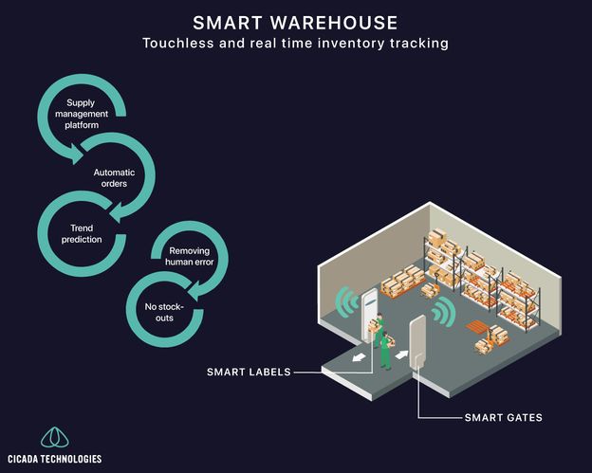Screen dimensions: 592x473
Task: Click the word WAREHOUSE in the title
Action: pyautogui.click(x=334, y=23)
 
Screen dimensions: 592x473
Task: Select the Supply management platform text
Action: pyautogui.click(x=82, y=114)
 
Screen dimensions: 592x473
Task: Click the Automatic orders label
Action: pyautogui.click(x=114, y=178)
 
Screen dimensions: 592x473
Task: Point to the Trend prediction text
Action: pyautogui.click(x=82, y=233)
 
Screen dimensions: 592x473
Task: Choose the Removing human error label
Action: pyautogui.click(x=190, y=257)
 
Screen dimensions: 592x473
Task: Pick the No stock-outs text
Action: pyautogui.click(x=164, y=312)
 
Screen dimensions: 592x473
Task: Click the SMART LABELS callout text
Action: pyautogui.click(x=249, y=373)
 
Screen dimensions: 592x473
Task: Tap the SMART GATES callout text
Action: pyautogui.click(x=503, y=418)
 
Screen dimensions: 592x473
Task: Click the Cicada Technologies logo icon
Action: pyautogui.click(x=55, y=438)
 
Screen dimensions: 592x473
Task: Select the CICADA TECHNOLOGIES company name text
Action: pyautogui.click(x=55, y=459)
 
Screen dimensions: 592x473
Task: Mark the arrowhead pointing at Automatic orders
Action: pyautogui.click(x=77, y=155)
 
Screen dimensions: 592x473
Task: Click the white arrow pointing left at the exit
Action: pyautogui.click(x=359, y=356)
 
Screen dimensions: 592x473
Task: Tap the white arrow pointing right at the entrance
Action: pyautogui.click(x=401, y=355)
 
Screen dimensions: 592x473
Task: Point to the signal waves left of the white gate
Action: pyautogui.click(x=347, y=301)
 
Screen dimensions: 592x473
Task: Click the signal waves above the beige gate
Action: pyautogui.click(x=444, y=312)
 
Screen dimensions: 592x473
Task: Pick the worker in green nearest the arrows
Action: pyautogui.click(x=386, y=351)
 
